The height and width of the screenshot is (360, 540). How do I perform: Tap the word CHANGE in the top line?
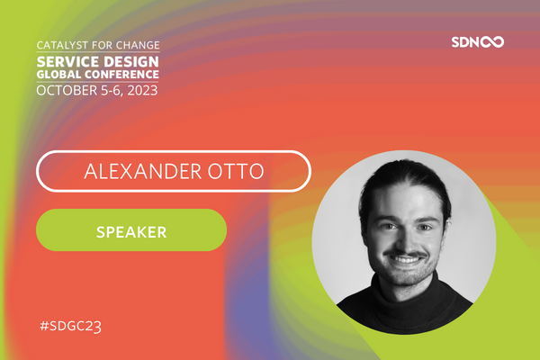click(x=138, y=43)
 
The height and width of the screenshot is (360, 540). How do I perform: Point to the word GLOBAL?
click(x=60, y=74)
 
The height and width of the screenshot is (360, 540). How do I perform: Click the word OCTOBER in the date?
click(x=67, y=91)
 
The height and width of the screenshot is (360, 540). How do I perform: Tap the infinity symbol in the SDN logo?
click(x=493, y=42)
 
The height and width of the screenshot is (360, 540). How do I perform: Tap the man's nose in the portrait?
click(x=406, y=238)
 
